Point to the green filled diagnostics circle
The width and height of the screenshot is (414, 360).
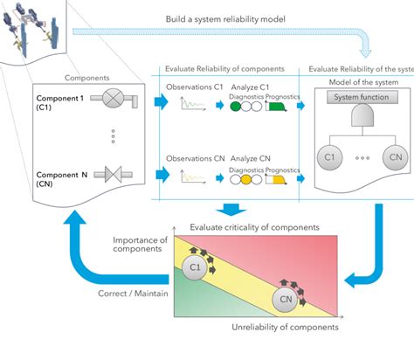click(236, 107)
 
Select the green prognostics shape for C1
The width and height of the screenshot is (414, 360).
click(275, 107)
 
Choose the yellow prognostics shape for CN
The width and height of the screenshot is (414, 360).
click(275, 179)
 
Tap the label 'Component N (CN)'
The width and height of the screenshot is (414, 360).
click(59, 179)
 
